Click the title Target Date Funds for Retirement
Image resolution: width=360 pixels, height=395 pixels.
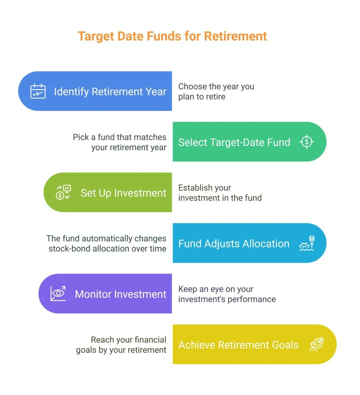click(172, 36)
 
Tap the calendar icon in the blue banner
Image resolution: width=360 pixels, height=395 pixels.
click(38, 91)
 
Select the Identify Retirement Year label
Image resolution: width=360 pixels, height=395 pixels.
click(110, 92)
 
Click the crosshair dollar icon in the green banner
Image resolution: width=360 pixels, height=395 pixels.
click(307, 142)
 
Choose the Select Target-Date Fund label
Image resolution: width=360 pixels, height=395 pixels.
click(234, 142)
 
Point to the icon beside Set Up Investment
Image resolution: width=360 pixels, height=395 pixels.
click(63, 192)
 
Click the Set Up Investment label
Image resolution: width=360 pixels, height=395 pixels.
click(123, 193)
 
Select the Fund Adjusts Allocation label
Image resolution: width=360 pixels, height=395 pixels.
click(234, 244)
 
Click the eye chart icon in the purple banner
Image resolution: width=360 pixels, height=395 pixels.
click(58, 294)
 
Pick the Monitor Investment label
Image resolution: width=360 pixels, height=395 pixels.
click(120, 294)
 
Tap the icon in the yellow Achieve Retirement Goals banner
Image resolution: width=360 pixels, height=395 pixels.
click(317, 344)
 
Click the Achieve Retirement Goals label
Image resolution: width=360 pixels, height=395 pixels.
click(239, 345)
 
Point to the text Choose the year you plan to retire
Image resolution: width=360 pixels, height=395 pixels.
click(216, 91)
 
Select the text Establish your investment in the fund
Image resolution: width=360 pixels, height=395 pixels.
click(220, 192)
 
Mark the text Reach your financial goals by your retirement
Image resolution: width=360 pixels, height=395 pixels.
click(121, 345)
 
